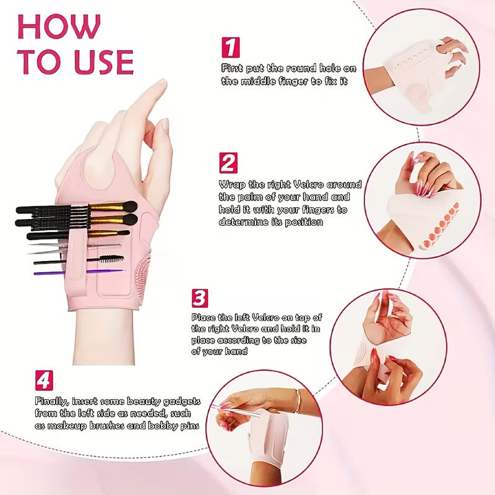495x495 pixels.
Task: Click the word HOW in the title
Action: tap(59, 27)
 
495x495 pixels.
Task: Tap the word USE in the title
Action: tap(104, 62)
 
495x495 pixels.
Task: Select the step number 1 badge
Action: tap(231, 48)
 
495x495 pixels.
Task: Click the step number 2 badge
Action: tap(228, 163)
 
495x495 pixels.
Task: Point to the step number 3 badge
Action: tap(200, 298)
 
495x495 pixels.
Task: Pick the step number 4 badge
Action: tap(44, 381)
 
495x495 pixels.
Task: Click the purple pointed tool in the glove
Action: tap(80, 272)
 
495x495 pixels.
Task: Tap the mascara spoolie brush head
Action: tap(112, 259)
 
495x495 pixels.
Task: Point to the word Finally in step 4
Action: tap(51, 402)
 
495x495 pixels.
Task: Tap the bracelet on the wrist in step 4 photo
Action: tap(297, 400)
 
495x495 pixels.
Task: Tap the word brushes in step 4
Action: tap(106, 426)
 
